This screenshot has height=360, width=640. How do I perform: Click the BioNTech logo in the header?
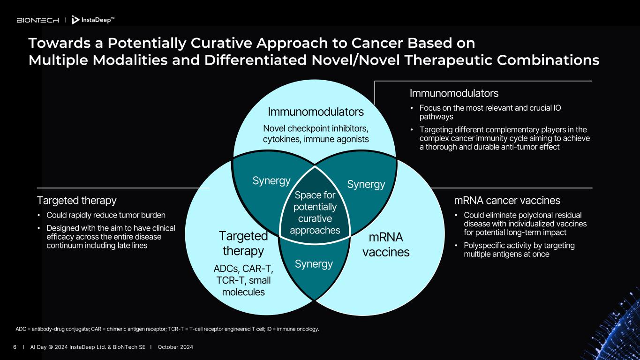click(x=38, y=20)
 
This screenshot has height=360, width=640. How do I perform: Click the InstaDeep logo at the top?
click(x=93, y=20)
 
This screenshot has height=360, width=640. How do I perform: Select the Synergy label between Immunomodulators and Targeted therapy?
click(x=271, y=181)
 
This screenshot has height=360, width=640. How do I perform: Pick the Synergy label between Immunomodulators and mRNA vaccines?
click(x=366, y=184)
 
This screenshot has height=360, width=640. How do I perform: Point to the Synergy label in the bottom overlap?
click(x=314, y=264)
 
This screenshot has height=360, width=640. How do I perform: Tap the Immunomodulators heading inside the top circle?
click(x=316, y=112)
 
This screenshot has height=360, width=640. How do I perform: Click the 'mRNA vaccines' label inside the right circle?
click(x=386, y=244)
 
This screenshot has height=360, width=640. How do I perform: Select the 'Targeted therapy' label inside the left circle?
click(x=243, y=243)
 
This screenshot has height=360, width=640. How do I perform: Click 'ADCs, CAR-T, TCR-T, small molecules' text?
click(x=243, y=280)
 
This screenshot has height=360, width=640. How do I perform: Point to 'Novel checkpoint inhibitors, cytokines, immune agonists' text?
click(x=316, y=134)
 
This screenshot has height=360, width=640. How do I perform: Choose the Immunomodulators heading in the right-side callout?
click(x=454, y=93)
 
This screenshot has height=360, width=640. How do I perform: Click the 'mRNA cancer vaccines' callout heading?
click(x=507, y=201)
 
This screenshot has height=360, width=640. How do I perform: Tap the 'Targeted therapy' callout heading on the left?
click(x=76, y=201)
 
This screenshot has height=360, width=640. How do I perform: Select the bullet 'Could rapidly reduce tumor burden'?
click(x=105, y=215)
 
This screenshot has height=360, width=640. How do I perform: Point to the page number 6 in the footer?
click(x=15, y=347)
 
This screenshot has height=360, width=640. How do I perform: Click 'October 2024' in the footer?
click(x=175, y=347)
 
